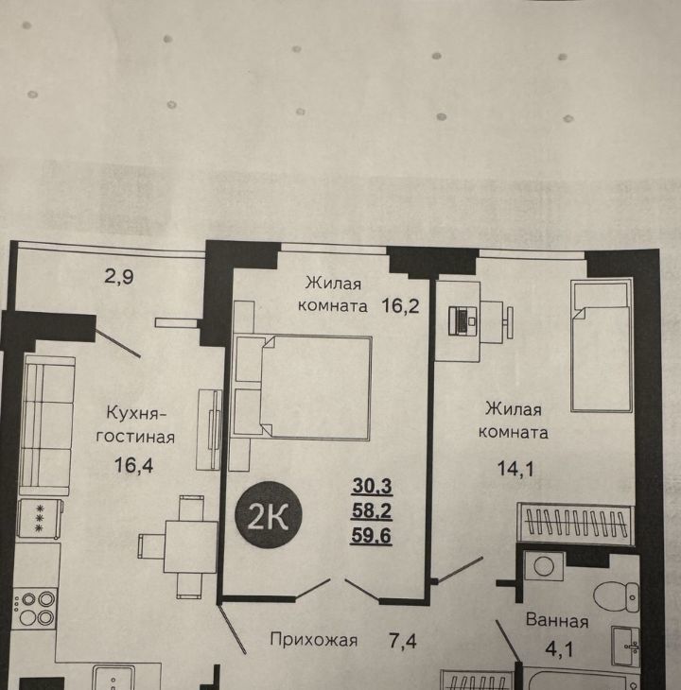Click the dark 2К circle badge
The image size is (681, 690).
click(x=269, y=514)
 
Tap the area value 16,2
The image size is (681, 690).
click(x=400, y=305)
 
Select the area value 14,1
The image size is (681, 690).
click(x=515, y=468)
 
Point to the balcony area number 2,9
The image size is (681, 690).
click(x=119, y=277)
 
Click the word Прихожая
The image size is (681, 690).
click(x=313, y=639)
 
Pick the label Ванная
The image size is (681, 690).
click(x=557, y=620)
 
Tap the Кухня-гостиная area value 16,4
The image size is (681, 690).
click(x=133, y=465)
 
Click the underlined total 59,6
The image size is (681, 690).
click(x=371, y=536)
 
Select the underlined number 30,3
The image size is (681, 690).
click(x=372, y=486)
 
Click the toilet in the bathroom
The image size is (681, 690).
click(x=617, y=596)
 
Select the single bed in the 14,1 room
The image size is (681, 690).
click(x=601, y=345)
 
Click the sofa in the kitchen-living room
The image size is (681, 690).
click(x=45, y=425)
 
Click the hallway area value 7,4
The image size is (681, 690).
click(x=402, y=641)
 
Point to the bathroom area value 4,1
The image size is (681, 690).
click(x=559, y=649)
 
